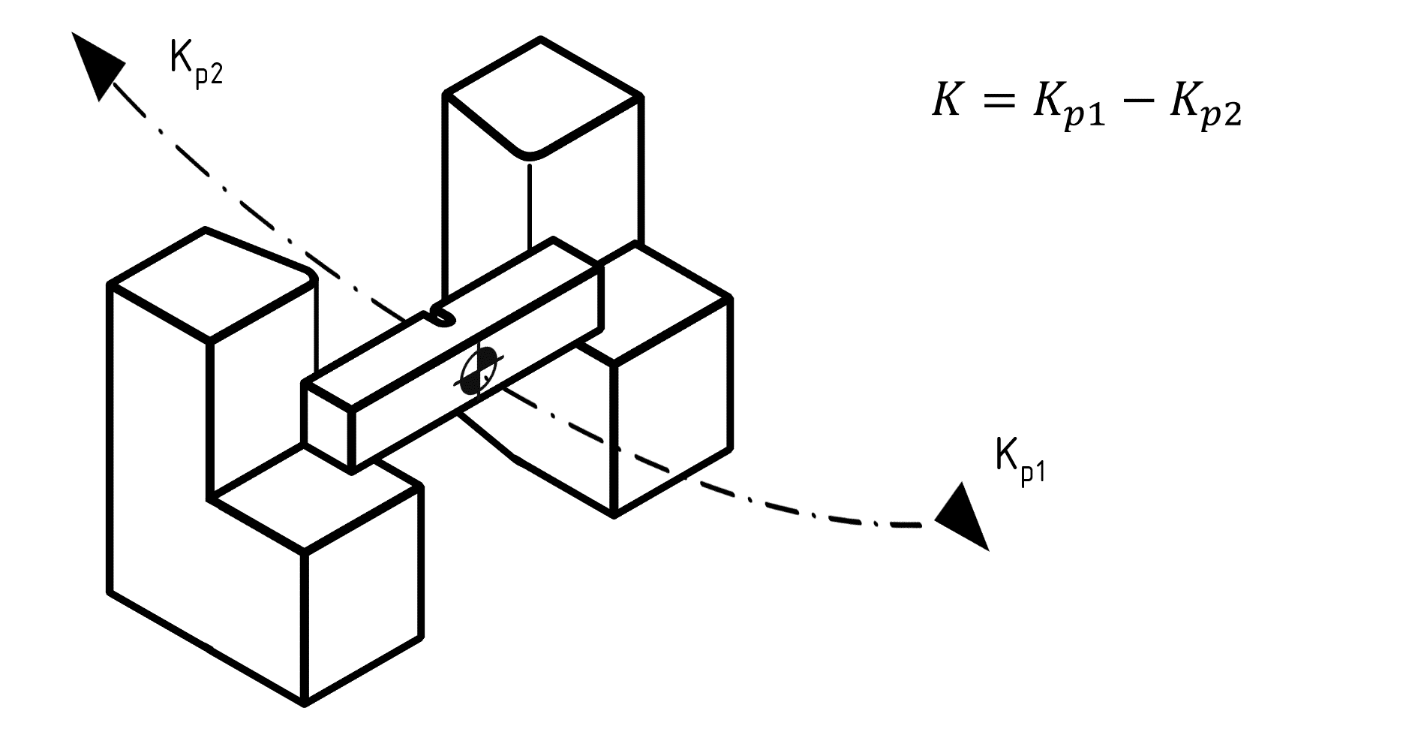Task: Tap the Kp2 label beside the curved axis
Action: point(196,68)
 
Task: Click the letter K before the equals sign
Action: point(946,100)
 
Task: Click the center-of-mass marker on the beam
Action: point(478,371)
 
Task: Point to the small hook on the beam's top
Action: point(442,316)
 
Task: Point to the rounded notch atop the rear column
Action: point(530,152)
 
